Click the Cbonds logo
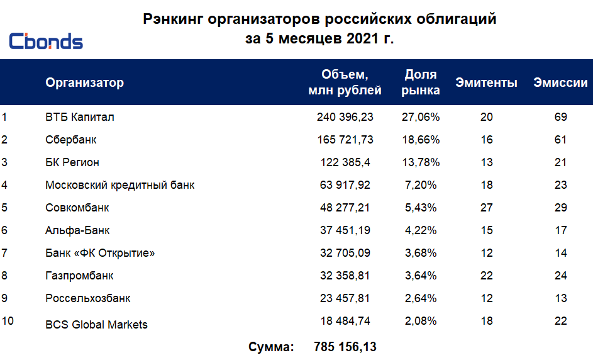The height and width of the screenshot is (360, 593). [46, 42]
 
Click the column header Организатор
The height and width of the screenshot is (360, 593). [84, 82]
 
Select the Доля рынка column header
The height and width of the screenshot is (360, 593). [421, 82]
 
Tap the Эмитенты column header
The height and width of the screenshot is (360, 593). [487, 82]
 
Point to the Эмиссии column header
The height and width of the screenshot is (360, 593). [560, 82]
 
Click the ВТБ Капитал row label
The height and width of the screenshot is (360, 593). [80, 117]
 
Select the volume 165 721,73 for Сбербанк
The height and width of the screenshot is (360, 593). [345, 140]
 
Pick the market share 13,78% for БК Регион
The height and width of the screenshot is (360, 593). [420, 162]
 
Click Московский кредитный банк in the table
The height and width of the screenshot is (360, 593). [120, 185]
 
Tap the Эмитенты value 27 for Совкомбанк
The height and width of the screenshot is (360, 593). [487, 208]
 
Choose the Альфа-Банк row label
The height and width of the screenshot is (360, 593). [78, 230]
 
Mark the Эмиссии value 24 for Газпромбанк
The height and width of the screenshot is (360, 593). [561, 276]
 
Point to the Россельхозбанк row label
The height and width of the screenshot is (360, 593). [88, 298]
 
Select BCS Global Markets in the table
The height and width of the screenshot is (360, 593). [97, 325]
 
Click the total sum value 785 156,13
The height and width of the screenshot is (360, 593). [345, 347]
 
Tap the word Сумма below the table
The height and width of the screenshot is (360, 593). [271, 347]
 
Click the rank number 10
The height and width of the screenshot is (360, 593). [8, 321]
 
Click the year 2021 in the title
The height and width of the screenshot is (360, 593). [361, 38]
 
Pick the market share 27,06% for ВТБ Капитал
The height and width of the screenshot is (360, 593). [420, 117]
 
